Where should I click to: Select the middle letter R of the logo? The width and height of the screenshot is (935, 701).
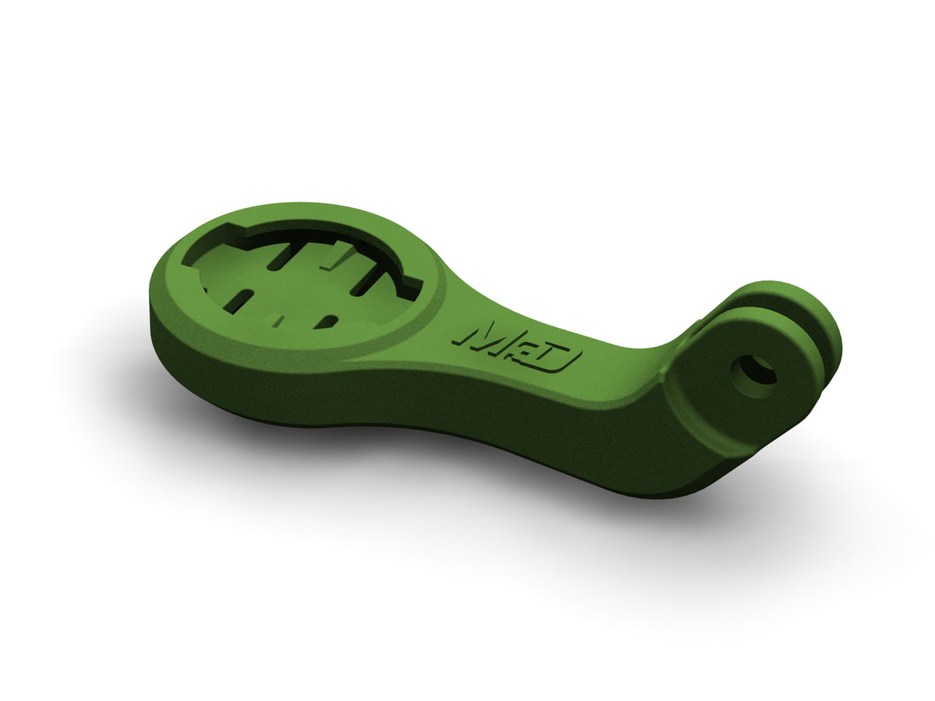pos(520,347)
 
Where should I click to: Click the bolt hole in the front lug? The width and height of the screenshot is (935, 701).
pos(757,370)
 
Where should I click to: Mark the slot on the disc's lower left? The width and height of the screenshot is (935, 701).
pos(242,299)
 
